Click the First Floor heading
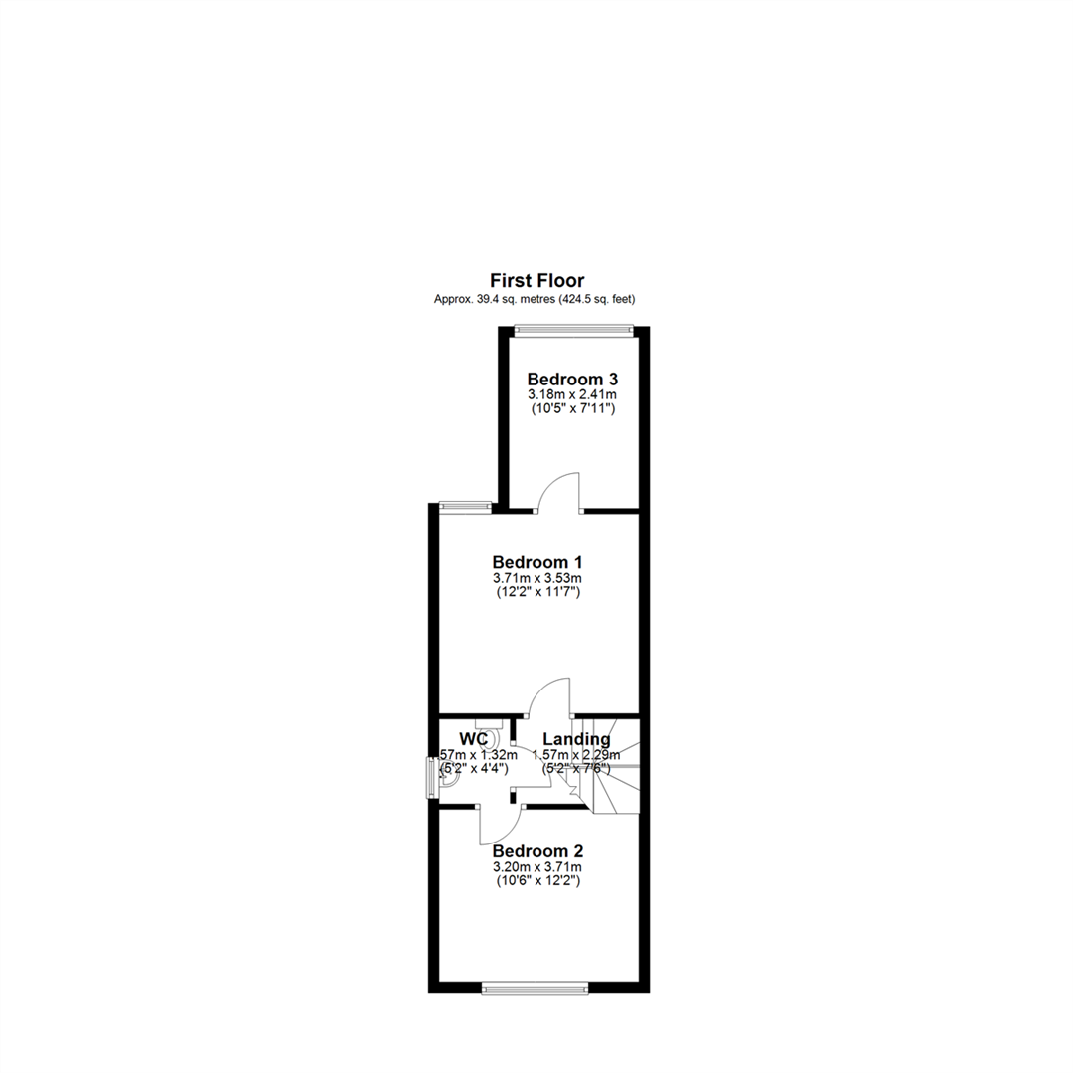coord(536,281)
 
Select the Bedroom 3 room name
coord(572,379)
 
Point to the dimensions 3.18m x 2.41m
coord(572,394)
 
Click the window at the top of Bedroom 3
coord(572,331)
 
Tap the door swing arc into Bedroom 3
coord(559,491)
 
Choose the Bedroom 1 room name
coord(536,562)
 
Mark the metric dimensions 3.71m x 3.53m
coord(536,578)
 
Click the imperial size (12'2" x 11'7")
coord(536,592)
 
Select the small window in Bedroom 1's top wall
coord(465,507)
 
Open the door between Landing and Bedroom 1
coord(549,695)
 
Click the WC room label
coord(473,739)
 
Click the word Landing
coord(576,739)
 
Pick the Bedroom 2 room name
coord(536,851)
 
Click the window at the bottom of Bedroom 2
coord(535,988)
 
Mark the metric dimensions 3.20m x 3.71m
coord(536,867)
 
